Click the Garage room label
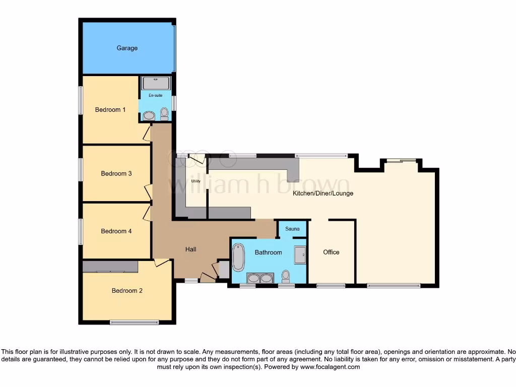(127, 48)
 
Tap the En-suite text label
(155, 95)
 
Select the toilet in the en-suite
(164, 114)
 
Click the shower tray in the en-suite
(156, 83)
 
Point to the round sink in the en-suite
(149, 116)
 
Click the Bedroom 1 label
(110, 110)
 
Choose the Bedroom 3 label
(116, 174)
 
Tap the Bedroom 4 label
(116, 231)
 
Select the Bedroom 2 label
(127, 291)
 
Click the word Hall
(190, 249)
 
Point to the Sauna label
(292, 229)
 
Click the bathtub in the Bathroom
(238, 257)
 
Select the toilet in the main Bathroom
(286, 277)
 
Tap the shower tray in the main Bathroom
(300, 254)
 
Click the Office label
(331, 252)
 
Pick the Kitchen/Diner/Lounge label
(323, 193)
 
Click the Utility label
(196, 181)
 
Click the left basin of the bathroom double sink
(253, 278)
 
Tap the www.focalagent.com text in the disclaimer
(330, 367)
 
